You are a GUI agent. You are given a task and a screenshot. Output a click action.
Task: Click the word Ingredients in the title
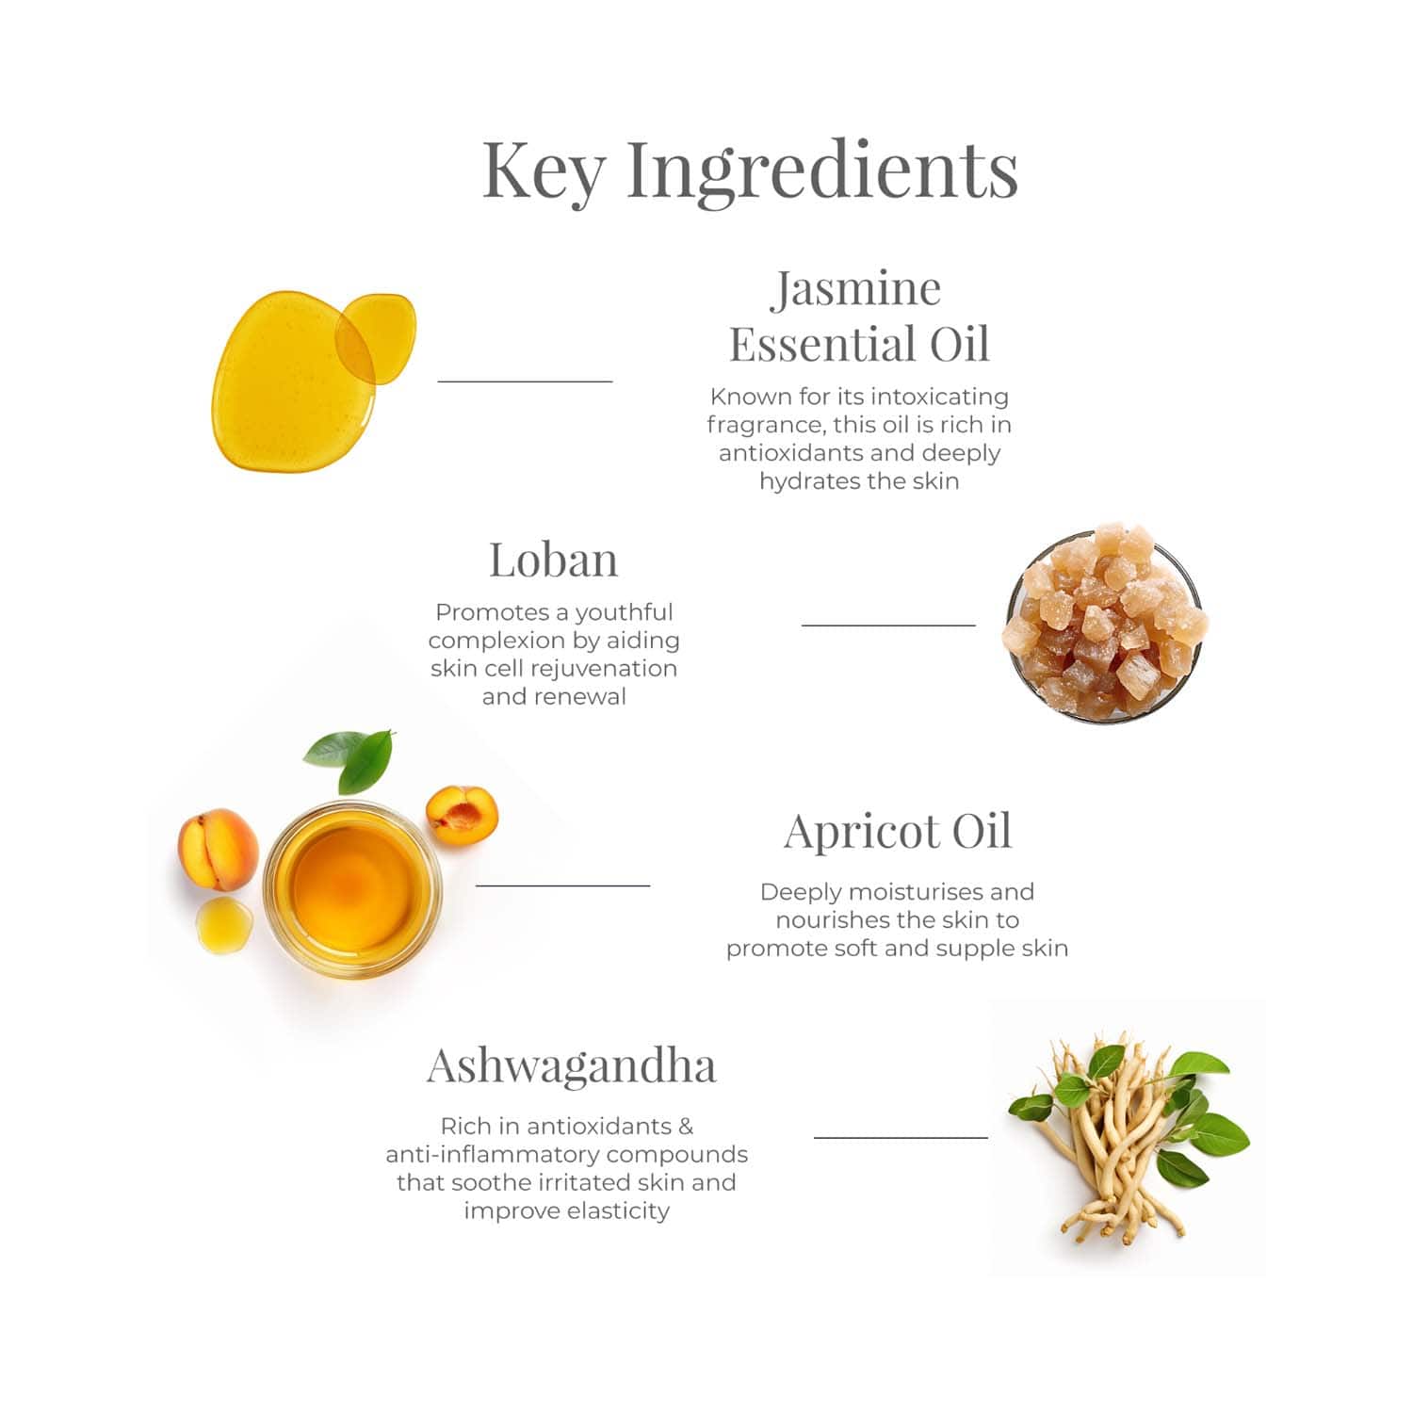822,170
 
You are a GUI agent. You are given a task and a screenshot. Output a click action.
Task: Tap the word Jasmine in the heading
856,288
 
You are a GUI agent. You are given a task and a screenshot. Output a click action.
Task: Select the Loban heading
554,560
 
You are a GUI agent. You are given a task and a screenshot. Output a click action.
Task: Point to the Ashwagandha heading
571,1067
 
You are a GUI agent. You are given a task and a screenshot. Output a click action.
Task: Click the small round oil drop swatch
376,339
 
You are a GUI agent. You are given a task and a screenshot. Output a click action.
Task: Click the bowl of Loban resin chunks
1104,624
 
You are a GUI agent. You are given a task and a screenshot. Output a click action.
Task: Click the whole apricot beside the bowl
218,849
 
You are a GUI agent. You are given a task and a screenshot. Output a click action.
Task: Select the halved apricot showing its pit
462,815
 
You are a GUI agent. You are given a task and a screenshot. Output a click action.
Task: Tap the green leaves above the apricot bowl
349,758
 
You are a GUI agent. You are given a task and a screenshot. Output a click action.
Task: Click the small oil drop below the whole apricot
224,925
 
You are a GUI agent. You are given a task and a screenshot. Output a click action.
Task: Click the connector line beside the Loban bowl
888,625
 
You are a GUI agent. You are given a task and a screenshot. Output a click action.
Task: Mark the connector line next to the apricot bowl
562,885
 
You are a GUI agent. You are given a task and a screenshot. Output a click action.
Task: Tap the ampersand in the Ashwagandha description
685,1126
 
